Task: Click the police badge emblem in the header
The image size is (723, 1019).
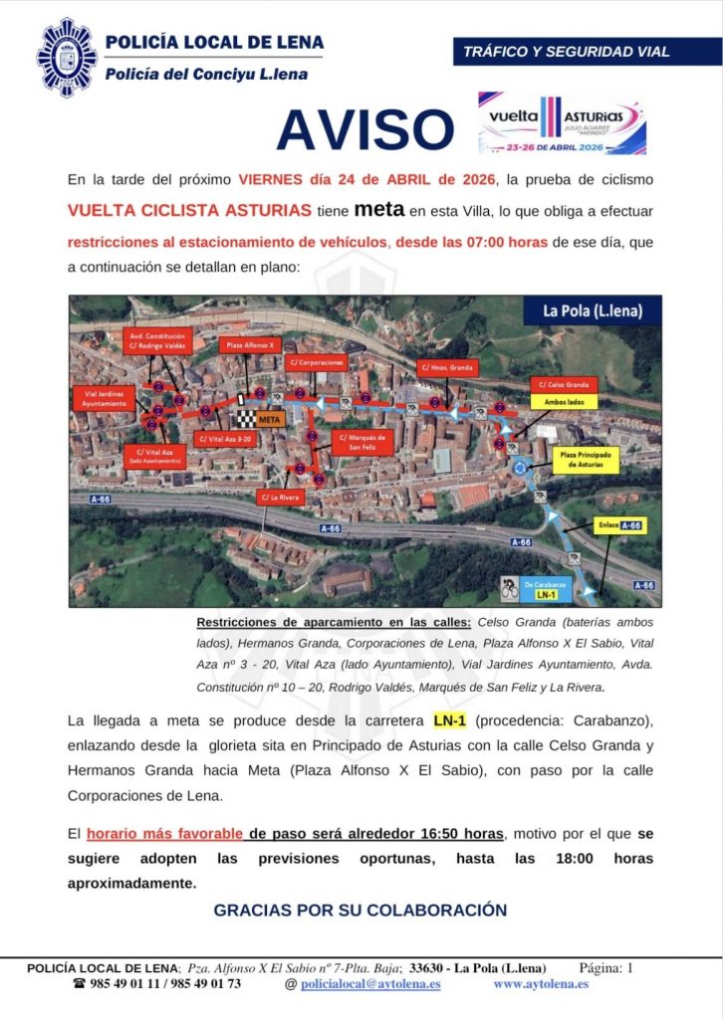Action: click(x=68, y=58)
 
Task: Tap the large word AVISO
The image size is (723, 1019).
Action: click(x=364, y=129)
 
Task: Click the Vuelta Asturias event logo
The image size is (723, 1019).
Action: click(x=562, y=123)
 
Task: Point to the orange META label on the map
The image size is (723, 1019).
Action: click(x=271, y=419)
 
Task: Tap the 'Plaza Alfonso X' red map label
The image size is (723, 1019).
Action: click(x=248, y=345)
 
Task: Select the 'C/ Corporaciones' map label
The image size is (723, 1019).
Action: click(x=316, y=363)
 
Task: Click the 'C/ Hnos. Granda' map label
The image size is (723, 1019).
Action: click(x=447, y=367)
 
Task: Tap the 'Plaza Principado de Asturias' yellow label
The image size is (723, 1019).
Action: click(x=585, y=460)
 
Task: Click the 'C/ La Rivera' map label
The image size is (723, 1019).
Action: click(x=280, y=497)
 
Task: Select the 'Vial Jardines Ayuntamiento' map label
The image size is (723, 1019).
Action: click(x=103, y=398)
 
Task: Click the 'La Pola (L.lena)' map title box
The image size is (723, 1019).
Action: click(x=592, y=310)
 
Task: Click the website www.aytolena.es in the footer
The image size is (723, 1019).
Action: click(x=541, y=983)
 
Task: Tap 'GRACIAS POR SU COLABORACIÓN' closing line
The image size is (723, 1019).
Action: click(x=361, y=910)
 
